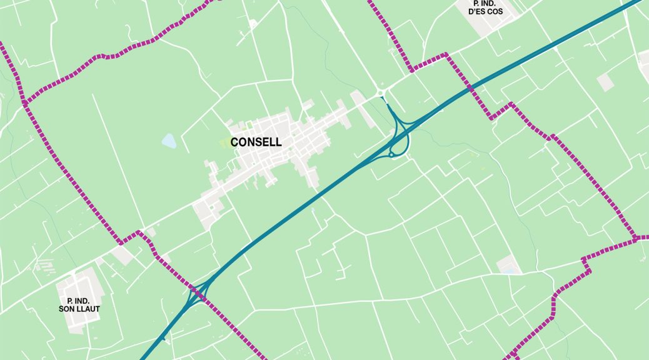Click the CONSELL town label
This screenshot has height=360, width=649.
tap(256, 142)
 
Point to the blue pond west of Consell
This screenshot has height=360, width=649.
tap(169, 141)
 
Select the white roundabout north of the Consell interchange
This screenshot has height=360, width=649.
tap(381, 94)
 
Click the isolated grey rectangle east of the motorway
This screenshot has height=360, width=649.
tap(605, 82)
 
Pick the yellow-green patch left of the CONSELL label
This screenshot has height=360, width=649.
tap(224, 143)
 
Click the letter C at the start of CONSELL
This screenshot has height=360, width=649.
tap(234, 142)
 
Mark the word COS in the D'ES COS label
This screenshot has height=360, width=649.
tap(498, 11)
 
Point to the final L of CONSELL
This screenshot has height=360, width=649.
tap(279, 142)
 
